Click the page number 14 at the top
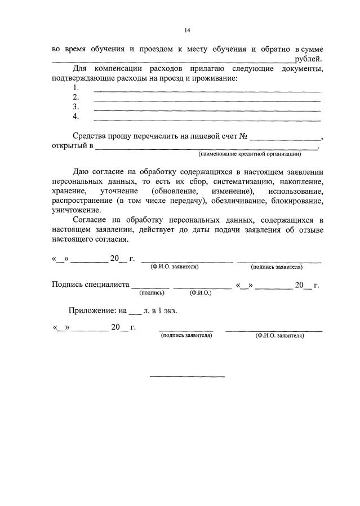click(x=186, y=30)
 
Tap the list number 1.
click(x=76, y=88)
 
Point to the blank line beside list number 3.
click(x=206, y=107)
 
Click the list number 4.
click(x=76, y=117)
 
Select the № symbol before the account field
click(x=244, y=137)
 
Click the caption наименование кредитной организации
click(x=250, y=154)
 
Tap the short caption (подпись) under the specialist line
click(x=152, y=293)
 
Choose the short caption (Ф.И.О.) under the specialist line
click(x=200, y=293)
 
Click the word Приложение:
click(x=92, y=310)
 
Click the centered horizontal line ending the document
click(x=186, y=376)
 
